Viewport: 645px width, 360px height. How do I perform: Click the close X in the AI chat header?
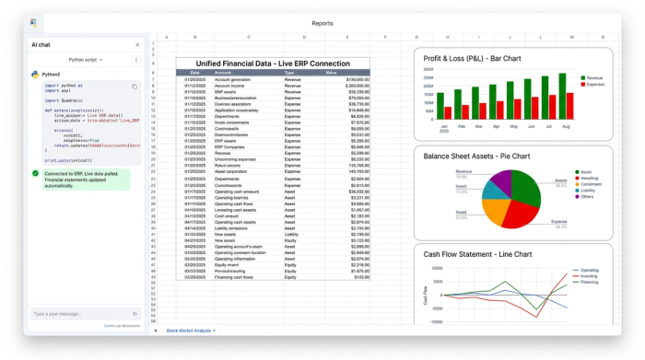pos(137,44)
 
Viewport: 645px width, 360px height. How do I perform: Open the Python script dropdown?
pos(87,59)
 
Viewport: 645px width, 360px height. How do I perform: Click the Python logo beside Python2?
pos(35,74)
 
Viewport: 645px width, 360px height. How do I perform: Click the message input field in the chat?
pos(78,314)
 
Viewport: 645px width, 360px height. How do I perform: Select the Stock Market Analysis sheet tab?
pos(192,330)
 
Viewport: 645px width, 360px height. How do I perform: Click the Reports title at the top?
pos(322,23)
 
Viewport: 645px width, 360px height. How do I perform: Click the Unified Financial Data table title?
pos(273,63)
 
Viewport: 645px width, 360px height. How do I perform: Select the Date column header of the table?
pos(194,72)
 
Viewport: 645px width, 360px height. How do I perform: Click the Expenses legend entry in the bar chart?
pos(594,84)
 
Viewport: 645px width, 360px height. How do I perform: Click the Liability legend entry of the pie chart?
pos(587,191)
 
